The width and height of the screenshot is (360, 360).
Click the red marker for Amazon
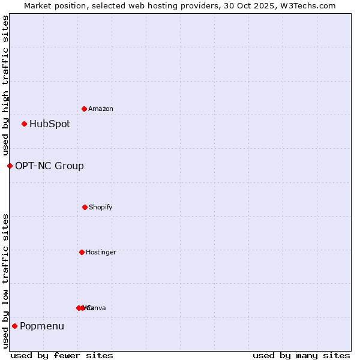84,109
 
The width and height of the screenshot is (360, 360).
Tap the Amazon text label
101,109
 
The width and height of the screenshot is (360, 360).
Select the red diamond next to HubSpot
24,124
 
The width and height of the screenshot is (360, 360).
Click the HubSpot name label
50,124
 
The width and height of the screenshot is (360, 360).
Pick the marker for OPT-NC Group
10,166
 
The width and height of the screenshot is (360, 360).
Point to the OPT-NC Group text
49,166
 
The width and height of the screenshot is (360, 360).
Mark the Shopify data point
85,207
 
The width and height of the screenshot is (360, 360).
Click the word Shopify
101,208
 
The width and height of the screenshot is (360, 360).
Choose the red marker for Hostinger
82,252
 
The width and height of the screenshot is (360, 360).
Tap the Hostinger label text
101,253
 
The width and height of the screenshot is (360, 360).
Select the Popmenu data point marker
14,326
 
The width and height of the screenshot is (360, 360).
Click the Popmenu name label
42,326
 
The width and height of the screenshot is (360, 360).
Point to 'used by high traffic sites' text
5,85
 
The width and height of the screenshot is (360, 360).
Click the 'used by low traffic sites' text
5,281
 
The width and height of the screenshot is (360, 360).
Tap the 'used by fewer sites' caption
62,356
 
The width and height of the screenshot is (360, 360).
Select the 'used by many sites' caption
301,356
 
